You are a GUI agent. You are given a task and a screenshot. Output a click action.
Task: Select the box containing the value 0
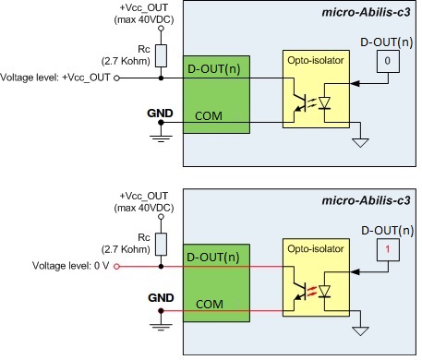coord(388,62)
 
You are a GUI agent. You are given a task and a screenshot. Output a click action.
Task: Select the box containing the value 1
coord(388,248)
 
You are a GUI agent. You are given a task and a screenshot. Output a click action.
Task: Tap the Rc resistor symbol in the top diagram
coord(161,56)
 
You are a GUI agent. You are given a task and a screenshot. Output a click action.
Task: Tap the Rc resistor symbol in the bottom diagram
coord(161,243)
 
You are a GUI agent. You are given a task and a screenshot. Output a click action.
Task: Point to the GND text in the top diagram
coord(160,112)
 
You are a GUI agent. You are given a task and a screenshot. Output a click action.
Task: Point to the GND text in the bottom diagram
coord(160,298)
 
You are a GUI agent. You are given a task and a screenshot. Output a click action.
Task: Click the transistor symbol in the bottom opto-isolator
coord(298,288)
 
